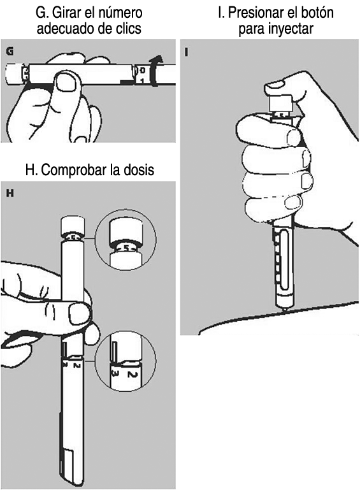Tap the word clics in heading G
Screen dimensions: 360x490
(x=128, y=29)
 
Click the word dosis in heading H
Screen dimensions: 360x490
(x=140, y=170)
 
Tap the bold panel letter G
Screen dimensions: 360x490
(x=10, y=51)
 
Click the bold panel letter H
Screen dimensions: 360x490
(x=10, y=194)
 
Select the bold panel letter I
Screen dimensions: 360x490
(x=187, y=52)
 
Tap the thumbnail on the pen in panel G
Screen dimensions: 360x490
(x=65, y=82)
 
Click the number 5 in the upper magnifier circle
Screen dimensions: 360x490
(x=126, y=249)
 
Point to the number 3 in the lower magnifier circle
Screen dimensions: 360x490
(x=115, y=373)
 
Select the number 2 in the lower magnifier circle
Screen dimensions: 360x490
(x=131, y=373)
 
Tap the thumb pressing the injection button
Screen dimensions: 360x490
(x=278, y=89)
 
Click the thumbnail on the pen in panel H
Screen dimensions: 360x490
(x=80, y=312)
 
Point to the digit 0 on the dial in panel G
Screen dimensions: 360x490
(x=142, y=70)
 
